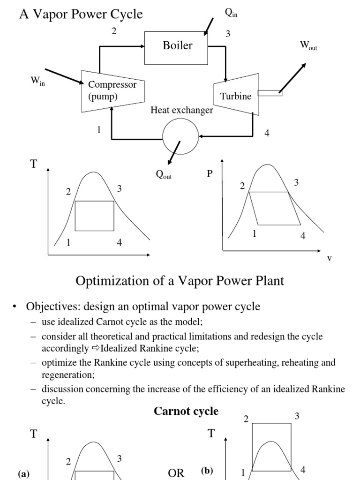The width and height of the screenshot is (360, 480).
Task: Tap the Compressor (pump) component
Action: [112, 91]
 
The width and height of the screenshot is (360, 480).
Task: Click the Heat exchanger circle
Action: [180, 136]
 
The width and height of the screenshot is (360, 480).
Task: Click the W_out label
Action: [308, 45]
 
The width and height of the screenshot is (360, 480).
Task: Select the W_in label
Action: [37, 80]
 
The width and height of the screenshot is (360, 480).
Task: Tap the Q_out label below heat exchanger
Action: [164, 175]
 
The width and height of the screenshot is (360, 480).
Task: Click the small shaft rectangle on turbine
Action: [270, 93]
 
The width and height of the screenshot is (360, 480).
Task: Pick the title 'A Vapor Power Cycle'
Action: [81, 15]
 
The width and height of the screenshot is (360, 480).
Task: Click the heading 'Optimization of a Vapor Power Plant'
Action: [180, 281]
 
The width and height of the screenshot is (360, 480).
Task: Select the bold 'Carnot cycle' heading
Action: [186, 411]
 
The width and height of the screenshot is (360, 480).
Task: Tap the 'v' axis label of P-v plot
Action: [329, 258]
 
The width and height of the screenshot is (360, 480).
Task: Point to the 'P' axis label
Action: [210, 173]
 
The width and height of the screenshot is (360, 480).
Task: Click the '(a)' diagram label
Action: [23, 474]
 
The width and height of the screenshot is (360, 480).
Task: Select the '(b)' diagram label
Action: [207, 471]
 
